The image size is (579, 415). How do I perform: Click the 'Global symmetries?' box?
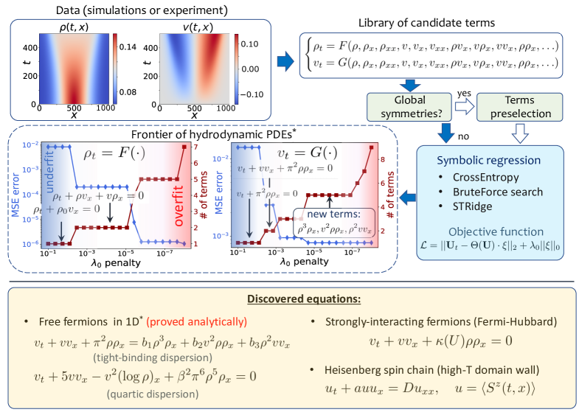tap(403, 106)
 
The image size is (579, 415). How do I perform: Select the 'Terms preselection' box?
tap(514, 106)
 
